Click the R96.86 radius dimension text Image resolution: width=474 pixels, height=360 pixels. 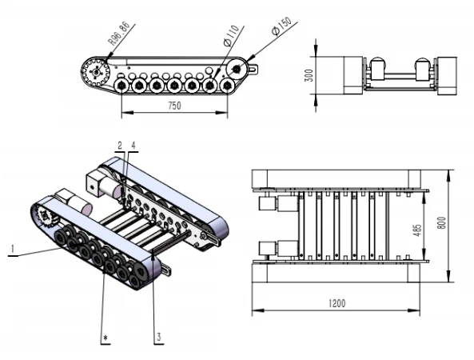click(x=119, y=34)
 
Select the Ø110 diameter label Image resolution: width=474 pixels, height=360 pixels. click(x=231, y=36)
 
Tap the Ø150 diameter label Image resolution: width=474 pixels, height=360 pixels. click(x=281, y=26)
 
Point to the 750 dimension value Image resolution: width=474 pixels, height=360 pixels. click(x=174, y=106)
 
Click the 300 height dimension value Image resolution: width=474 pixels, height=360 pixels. click(x=309, y=75)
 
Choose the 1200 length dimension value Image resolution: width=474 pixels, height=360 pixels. click(x=337, y=303)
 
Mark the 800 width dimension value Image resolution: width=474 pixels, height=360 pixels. click(x=442, y=223)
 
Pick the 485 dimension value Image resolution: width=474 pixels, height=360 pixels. click(x=417, y=230)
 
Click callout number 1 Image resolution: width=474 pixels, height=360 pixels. click(x=13, y=249)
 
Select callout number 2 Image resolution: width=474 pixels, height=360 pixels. click(x=120, y=146)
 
